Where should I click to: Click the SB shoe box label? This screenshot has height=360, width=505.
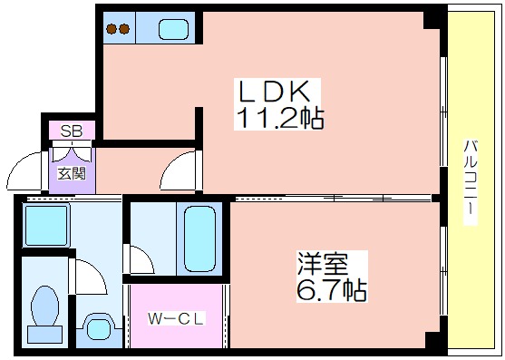70,131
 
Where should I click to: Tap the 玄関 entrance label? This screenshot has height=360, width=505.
70,171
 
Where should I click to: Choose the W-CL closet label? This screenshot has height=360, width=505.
175,319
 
